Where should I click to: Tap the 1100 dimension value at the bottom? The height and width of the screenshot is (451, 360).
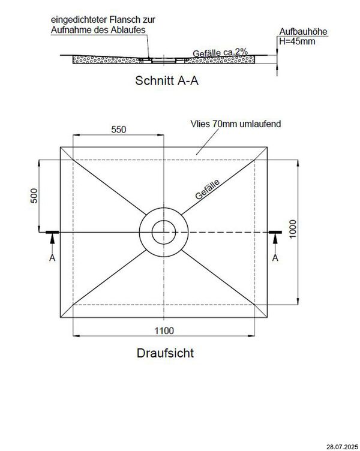164,330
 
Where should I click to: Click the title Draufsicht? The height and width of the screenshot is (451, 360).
164,353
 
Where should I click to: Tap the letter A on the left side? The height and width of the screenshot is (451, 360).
52,258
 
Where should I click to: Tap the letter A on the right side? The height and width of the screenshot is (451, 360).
275,258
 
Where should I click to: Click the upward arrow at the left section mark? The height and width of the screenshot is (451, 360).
52,240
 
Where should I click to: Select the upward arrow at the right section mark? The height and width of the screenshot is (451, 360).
275,240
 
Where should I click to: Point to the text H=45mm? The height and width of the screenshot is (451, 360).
296,41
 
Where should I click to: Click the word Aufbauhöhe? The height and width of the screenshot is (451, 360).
298,32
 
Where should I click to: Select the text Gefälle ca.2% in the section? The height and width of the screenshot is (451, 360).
220,53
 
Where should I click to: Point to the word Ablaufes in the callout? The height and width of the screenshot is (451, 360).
128,29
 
